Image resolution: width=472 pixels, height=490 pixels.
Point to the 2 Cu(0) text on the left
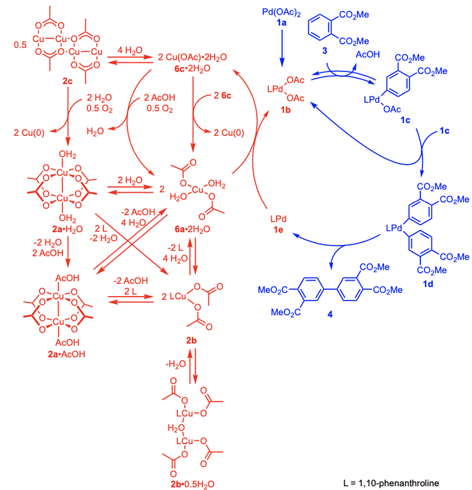pyautogui.click(x=28, y=132)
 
